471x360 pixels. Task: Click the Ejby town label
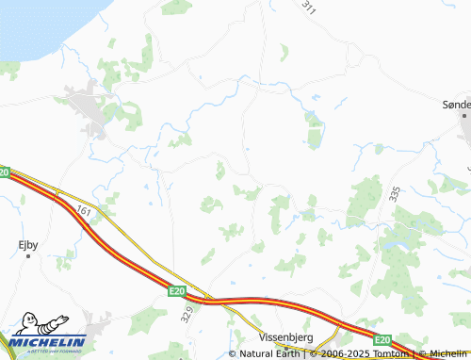pyautogui.click(x=28, y=244)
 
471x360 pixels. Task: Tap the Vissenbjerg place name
pyautogui.click(x=286, y=335)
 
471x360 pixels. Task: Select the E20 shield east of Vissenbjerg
pyautogui.click(x=382, y=339)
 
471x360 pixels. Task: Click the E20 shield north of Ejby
pyautogui.click(x=5, y=172)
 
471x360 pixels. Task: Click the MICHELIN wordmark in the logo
pyautogui.click(x=49, y=341)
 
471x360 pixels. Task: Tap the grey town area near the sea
pyautogui.click(x=89, y=108)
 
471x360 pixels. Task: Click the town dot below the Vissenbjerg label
pyautogui.click(x=287, y=347)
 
